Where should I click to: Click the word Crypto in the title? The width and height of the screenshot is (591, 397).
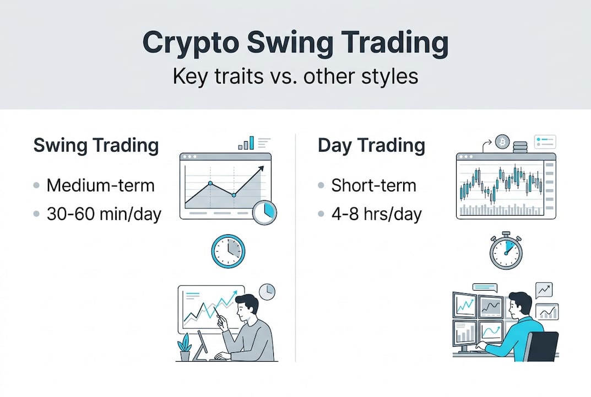coord(191,43)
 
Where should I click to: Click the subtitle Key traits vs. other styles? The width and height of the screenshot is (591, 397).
coord(295,76)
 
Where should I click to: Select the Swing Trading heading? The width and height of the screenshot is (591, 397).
coord(96,146)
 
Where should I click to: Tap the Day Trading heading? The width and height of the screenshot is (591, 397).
coord(371,146)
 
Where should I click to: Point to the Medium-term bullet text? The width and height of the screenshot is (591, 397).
coord(101,185)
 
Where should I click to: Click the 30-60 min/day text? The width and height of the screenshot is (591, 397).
coord(104,214)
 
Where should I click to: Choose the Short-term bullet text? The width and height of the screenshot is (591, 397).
coord(373,185)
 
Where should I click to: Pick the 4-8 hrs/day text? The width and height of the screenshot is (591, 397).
coord(377,214)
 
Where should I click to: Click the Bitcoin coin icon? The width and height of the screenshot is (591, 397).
coord(502,142)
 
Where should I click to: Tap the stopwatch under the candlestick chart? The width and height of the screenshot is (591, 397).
coord(506,250)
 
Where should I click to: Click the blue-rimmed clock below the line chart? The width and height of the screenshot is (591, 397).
coord(228,251)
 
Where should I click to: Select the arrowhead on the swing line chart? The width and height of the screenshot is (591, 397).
coord(261,169)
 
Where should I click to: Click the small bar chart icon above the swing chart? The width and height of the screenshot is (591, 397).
coord(246,143)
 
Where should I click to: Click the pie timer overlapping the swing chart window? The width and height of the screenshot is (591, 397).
coord(264,212)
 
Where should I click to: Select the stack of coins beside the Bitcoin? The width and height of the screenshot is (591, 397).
coord(520,147)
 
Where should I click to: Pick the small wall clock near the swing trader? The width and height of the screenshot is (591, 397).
coord(267,292)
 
